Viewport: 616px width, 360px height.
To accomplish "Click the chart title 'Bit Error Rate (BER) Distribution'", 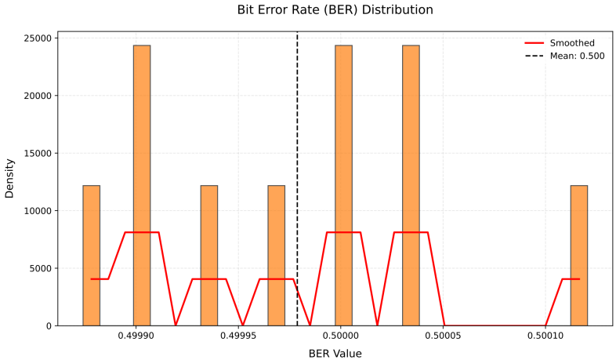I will pos(335,10).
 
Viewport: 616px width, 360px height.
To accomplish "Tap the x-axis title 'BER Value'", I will pos(335,353).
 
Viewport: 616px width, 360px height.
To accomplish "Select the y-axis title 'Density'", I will pos(10,179).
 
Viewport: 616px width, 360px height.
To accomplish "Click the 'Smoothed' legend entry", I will pos(571,43).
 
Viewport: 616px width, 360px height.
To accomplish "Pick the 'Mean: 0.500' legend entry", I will pos(577,56).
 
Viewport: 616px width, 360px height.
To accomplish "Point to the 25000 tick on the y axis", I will pos(36,38).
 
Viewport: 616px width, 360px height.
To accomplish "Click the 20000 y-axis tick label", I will pos(36,96).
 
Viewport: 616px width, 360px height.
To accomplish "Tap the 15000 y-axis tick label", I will pos(36,154).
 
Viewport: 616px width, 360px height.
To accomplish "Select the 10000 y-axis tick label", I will pos(36,211).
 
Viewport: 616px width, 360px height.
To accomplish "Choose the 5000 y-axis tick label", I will pos(39,268).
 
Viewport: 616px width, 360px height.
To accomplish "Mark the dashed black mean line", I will pos(297,157).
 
